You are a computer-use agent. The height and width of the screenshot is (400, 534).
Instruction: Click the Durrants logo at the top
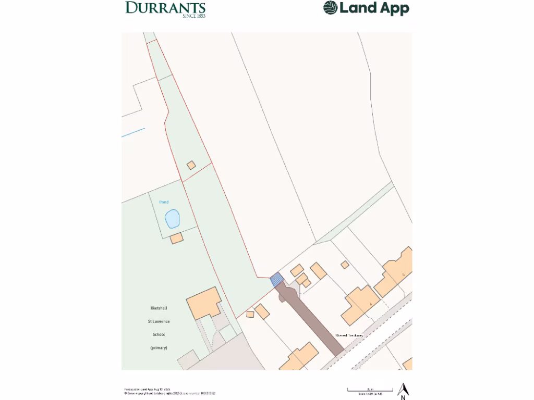click(x=165, y=8)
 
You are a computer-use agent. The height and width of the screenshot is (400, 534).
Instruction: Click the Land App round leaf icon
click(x=330, y=8)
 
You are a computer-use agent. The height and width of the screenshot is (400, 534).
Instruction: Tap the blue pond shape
click(x=172, y=219)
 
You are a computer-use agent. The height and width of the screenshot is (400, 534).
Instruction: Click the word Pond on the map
click(x=164, y=202)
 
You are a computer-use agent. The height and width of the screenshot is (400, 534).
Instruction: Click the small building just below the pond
click(x=177, y=238)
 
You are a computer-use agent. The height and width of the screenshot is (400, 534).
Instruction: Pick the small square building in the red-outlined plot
click(x=191, y=165)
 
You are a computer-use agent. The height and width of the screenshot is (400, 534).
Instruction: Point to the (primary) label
click(x=159, y=347)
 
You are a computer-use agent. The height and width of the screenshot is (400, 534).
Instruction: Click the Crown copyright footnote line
click(x=169, y=393)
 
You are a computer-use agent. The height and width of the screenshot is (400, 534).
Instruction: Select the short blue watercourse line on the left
click(x=133, y=132)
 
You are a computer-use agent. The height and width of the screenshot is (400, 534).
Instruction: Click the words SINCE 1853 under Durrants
click(x=193, y=16)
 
